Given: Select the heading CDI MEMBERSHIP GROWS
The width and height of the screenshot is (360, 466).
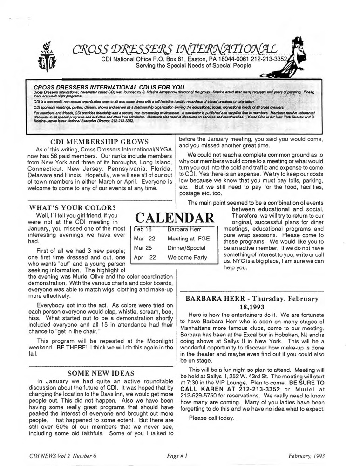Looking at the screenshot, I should [99, 142].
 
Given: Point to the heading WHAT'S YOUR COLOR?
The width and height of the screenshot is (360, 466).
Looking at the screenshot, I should [72, 207].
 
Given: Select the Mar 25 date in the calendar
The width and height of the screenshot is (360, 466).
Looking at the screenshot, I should [144, 248].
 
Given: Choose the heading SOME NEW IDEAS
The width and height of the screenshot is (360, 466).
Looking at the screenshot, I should [101, 373].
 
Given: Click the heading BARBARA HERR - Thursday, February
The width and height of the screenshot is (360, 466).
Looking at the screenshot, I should [252, 299].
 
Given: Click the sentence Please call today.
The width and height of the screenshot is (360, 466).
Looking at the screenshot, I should [211, 418].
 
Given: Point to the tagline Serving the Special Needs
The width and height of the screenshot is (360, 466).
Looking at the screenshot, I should [193, 65].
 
